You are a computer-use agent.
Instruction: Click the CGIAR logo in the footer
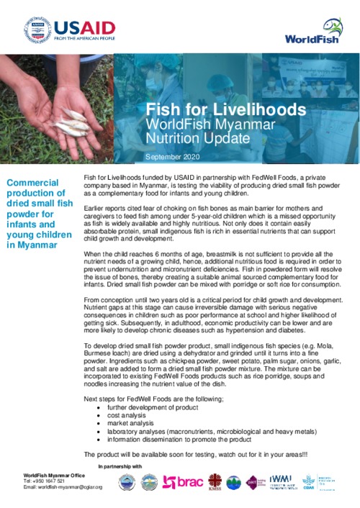coord(308,482)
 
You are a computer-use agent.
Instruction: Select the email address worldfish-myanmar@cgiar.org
coord(63,487)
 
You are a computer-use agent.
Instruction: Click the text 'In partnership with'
coord(120,468)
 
